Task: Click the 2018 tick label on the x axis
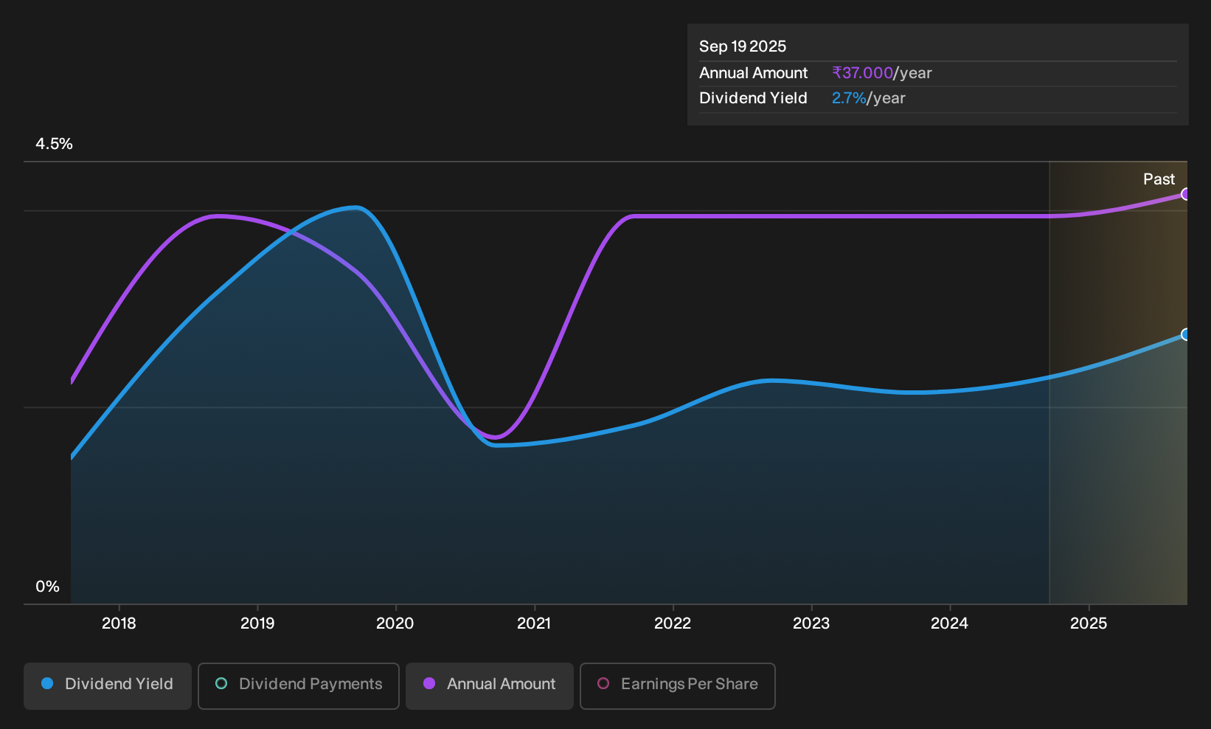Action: point(119,623)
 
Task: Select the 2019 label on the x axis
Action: point(257,623)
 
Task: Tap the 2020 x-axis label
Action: point(395,623)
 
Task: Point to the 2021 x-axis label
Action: point(534,623)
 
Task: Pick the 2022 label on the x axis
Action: point(673,623)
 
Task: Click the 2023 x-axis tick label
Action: point(811,623)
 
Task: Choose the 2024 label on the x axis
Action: point(950,623)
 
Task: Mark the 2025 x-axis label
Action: point(1089,623)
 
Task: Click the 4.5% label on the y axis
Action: point(54,144)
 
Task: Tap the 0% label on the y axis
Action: point(48,587)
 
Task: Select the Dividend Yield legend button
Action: point(108,685)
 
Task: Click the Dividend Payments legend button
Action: point(299,685)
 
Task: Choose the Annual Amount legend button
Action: point(489,685)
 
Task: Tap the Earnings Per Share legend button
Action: point(677,685)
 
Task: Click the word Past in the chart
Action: point(1159,179)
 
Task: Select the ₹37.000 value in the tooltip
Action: point(862,73)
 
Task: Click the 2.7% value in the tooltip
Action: point(849,98)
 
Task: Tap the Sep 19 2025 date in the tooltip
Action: point(742,46)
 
